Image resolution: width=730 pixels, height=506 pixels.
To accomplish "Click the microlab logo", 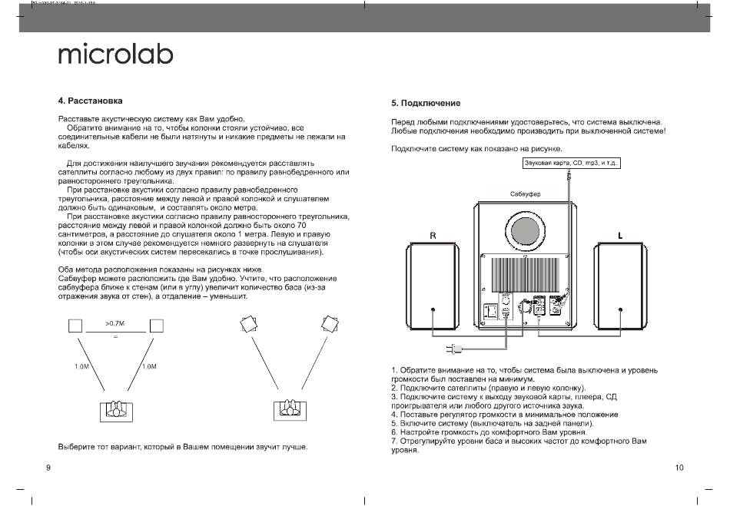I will click(116, 55).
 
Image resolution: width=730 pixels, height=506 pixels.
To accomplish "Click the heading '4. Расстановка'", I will click(90, 101).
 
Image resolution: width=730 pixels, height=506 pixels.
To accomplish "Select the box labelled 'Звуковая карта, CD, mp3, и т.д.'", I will click(572, 164).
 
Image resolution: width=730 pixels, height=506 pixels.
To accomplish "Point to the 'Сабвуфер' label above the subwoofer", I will click(526, 194).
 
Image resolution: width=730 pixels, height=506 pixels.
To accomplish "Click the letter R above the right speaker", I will click(433, 236).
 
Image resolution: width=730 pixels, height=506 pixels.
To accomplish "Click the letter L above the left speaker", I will click(620, 236).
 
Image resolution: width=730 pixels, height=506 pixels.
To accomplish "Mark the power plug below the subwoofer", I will click(458, 349).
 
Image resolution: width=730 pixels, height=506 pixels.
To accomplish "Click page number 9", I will click(49, 468).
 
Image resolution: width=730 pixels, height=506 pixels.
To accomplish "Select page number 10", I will click(679, 468).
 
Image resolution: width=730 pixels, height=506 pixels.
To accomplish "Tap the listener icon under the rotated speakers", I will click(288, 410).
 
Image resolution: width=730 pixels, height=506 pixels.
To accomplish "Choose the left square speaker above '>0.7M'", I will click(75, 326).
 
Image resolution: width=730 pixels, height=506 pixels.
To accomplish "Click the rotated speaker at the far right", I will click(330, 323).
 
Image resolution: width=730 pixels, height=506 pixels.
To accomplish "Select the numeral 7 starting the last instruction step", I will click(393, 442).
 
